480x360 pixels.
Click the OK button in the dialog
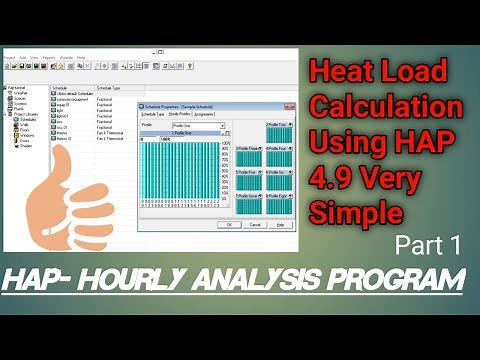click(x=230, y=225)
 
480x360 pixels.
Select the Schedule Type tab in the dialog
click(x=153, y=115)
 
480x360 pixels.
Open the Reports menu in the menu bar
click(x=47, y=58)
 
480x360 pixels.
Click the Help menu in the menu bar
click(x=81, y=58)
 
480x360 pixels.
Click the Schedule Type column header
click(x=110, y=87)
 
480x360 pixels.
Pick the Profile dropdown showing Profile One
click(x=197, y=126)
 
